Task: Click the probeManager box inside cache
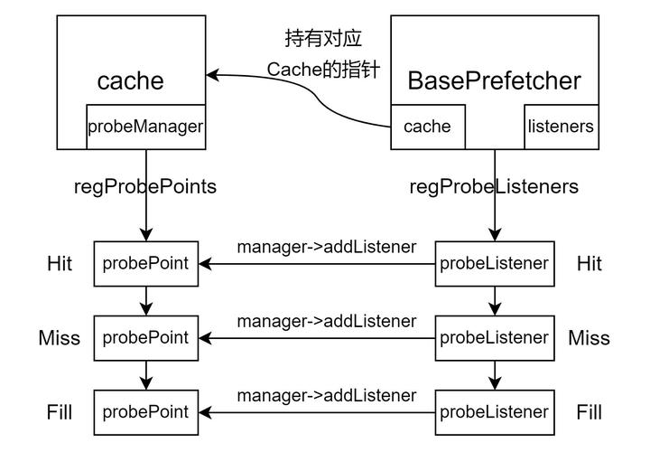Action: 145,127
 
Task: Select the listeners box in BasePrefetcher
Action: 561,127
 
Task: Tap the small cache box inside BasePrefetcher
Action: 427,127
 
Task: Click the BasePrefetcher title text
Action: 494,80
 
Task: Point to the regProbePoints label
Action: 145,187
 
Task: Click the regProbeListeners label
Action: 494,187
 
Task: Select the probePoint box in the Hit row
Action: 145,264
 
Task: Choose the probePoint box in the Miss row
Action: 145,338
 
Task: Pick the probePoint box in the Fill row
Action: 145,412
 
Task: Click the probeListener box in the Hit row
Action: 494,264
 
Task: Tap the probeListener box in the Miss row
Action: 494,338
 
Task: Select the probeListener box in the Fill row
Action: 494,412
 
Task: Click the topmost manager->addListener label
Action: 326,247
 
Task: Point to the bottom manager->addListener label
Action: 326,395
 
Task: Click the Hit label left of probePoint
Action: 60,264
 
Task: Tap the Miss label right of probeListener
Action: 589,338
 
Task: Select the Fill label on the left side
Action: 60,412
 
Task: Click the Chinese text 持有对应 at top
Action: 323,40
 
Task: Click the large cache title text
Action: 131,80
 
